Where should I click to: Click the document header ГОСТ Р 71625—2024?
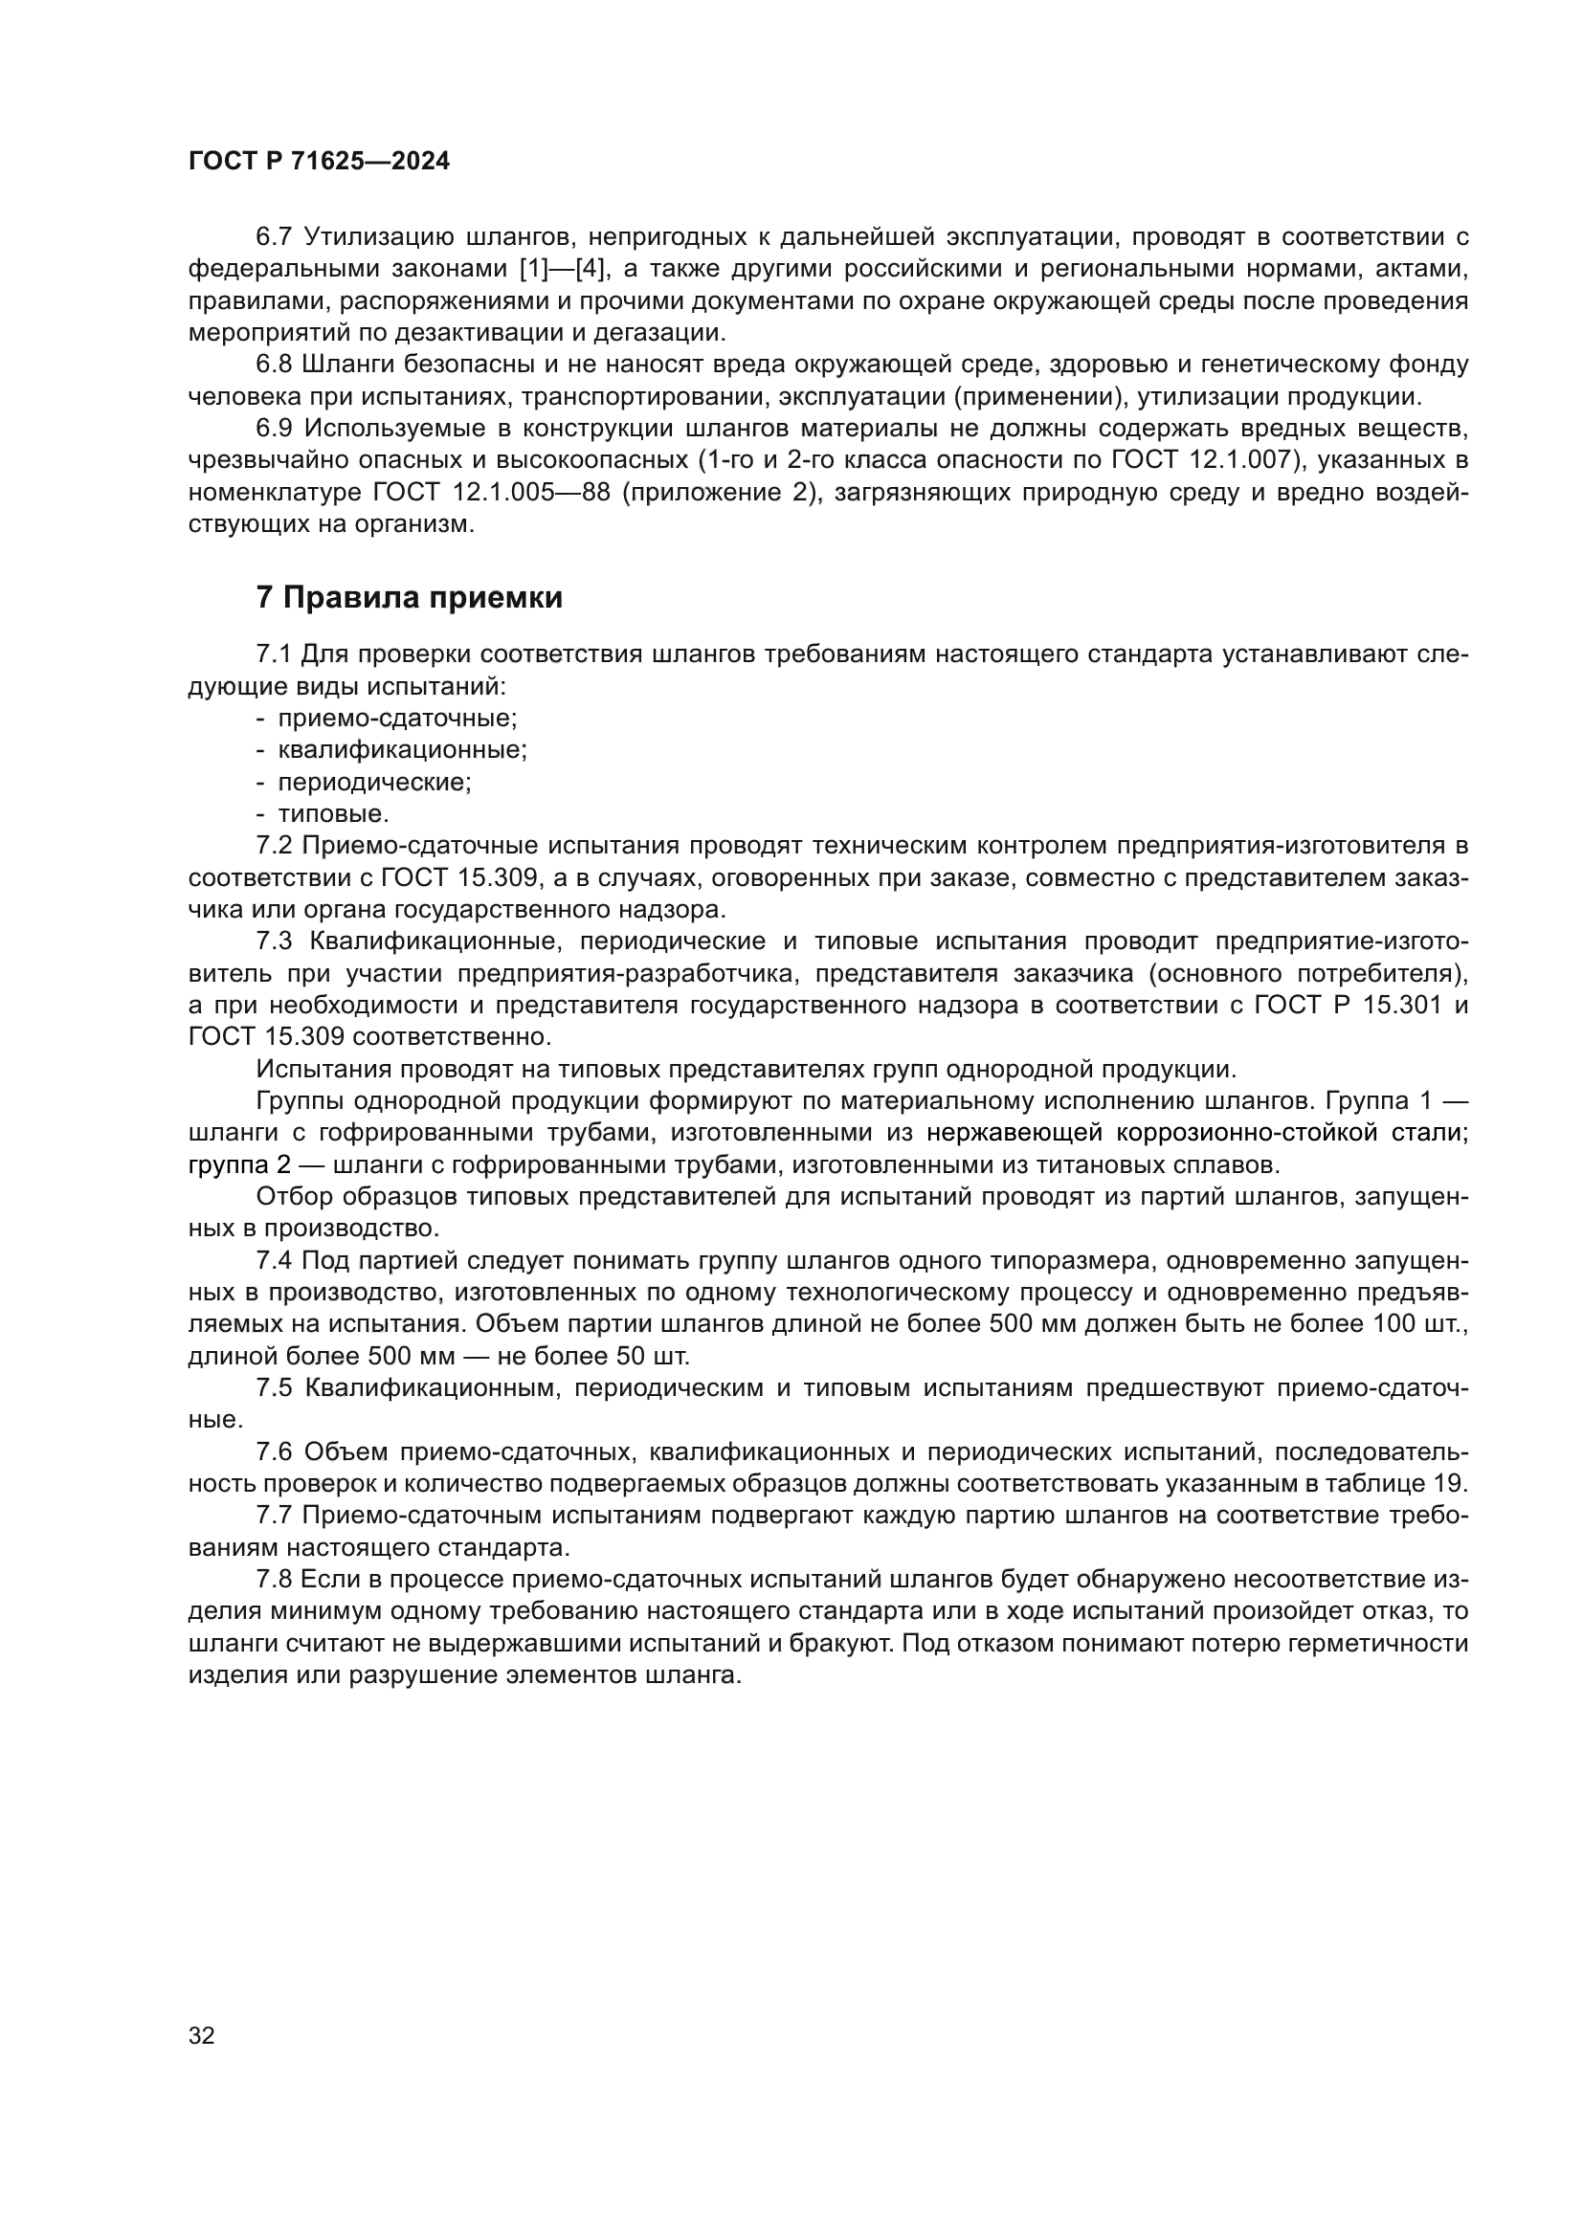click(319, 162)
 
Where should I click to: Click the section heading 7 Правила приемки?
click(410, 597)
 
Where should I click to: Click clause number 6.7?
click(274, 237)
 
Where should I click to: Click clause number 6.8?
click(274, 365)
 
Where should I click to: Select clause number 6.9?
click(274, 428)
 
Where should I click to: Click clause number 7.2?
click(274, 845)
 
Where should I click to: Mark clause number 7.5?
click(274, 1388)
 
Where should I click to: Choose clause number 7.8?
click(274, 1579)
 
